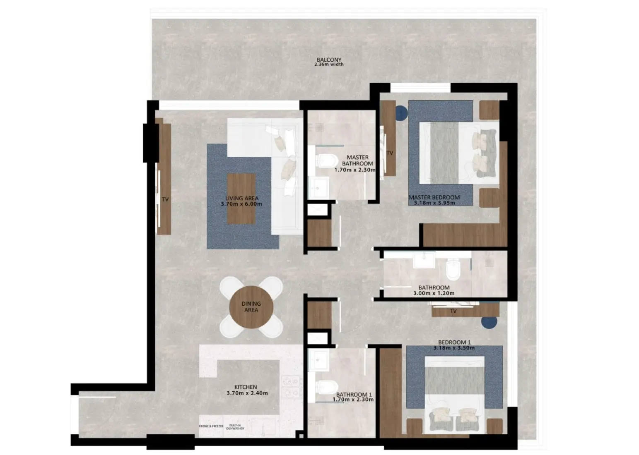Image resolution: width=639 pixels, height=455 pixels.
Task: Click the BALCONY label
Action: pyautogui.click(x=329, y=60)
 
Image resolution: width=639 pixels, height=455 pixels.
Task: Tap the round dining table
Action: pyautogui.click(x=251, y=307)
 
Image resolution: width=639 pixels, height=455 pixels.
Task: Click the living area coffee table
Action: pyautogui.click(x=241, y=199)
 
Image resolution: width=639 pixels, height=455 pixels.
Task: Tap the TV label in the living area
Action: pyautogui.click(x=165, y=199)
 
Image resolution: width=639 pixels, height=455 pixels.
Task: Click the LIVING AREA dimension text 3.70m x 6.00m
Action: pyautogui.click(x=241, y=204)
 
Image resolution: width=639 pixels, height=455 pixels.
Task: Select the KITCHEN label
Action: pyautogui.click(x=246, y=387)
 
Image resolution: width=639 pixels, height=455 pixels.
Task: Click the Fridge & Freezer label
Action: pyautogui.click(x=211, y=426)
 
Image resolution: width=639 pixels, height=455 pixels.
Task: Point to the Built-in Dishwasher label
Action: pyautogui.click(x=235, y=427)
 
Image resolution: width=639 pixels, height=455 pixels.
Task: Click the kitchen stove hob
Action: pyautogui.click(x=291, y=386)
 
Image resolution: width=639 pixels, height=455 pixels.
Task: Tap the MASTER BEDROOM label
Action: pyautogui.click(x=434, y=197)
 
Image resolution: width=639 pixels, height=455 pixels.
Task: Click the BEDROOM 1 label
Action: pyautogui.click(x=454, y=342)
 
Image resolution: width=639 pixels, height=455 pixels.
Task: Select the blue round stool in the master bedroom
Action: pyautogui.click(x=401, y=113)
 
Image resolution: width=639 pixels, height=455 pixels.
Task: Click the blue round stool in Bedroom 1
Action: pyautogui.click(x=489, y=322)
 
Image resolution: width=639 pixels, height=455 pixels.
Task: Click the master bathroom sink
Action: pyautogui.click(x=318, y=188)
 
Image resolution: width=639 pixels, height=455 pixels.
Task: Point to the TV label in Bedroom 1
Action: pyautogui.click(x=453, y=311)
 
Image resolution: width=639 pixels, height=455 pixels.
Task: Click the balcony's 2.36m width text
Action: pyautogui.click(x=329, y=65)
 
